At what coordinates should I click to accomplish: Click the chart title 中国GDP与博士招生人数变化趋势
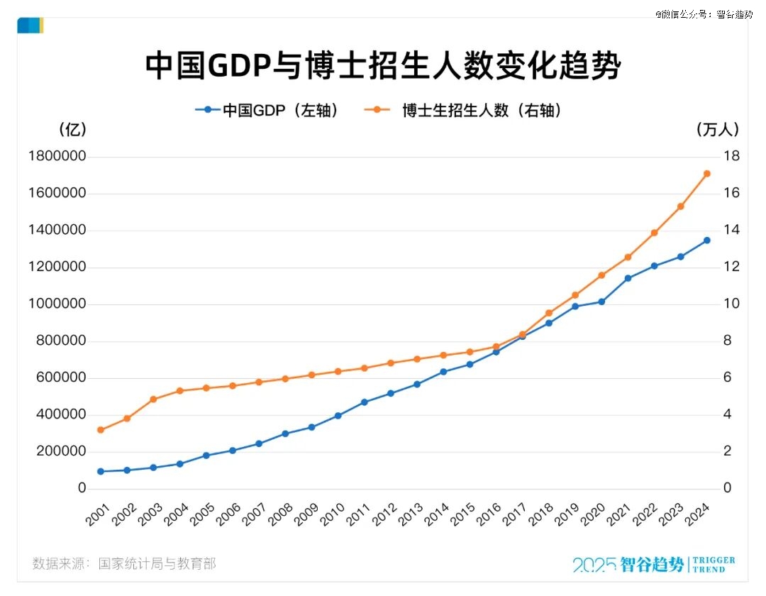pos(383,65)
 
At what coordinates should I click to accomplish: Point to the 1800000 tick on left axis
pos(57,157)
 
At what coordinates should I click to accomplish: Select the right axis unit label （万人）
pos(718,130)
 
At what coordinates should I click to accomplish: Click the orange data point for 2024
pos(706,174)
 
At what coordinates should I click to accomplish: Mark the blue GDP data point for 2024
pos(706,241)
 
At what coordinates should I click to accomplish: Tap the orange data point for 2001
pos(101,430)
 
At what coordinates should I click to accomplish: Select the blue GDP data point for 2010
pos(338,416)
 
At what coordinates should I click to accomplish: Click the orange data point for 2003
pos(153,399)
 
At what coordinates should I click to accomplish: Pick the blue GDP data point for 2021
pos(628,278)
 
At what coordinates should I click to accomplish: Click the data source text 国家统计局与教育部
pos(157,564)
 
